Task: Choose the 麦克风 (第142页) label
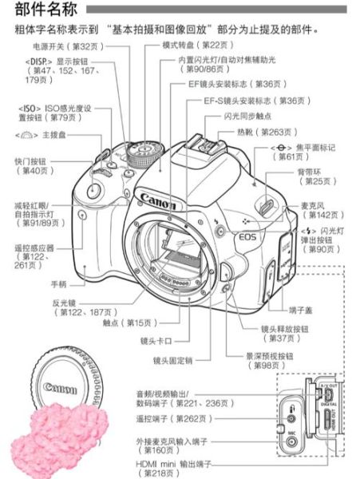[x=316, y=210]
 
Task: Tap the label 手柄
[x=58, y=283]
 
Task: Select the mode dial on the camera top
[x=141, y=151]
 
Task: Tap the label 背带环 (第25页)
[x=316, y=176]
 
